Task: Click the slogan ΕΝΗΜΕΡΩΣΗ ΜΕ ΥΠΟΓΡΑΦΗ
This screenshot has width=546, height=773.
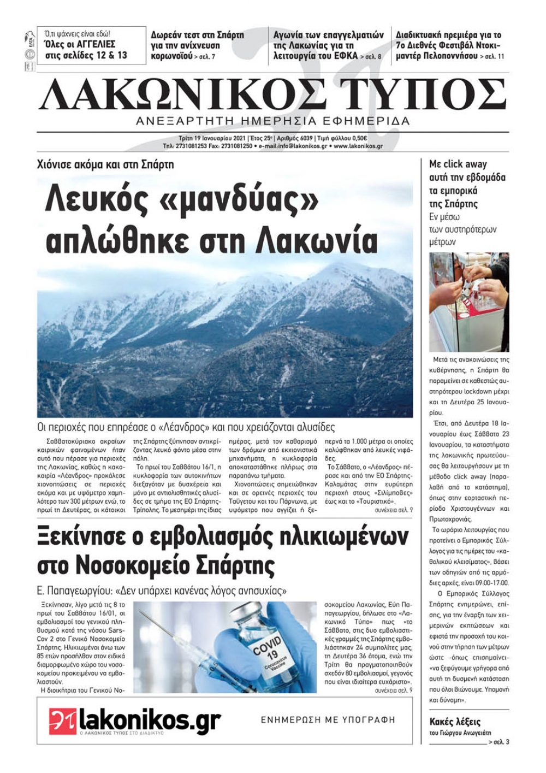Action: pos(328,719)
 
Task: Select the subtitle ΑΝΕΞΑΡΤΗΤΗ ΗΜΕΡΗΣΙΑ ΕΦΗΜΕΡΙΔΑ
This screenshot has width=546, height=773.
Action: pos(273,121)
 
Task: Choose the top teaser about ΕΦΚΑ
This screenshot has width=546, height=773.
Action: pos(328,45)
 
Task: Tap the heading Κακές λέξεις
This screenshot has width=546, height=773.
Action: pos(455,722)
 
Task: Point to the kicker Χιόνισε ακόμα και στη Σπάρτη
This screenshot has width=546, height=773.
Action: pos(105,164)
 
